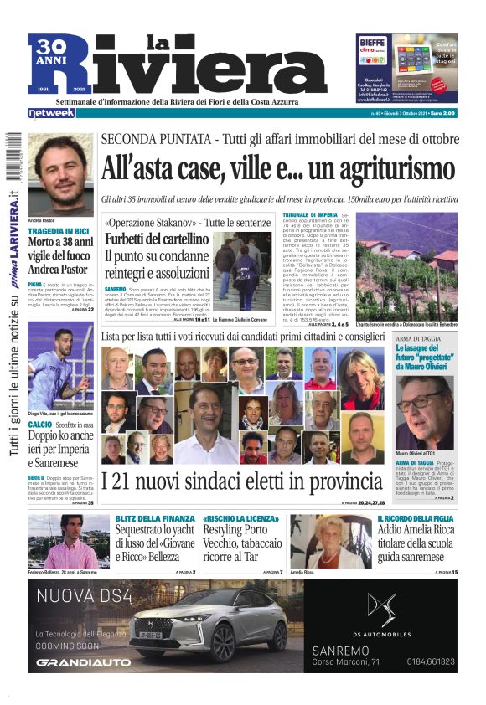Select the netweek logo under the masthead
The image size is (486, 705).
click(51, 113)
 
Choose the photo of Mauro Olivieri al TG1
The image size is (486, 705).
click(425, 410)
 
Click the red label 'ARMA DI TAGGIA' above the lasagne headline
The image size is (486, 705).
click(420, 338)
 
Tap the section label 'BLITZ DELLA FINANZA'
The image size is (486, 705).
click(149, 519)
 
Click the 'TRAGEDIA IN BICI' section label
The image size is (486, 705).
click(59, 230)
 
